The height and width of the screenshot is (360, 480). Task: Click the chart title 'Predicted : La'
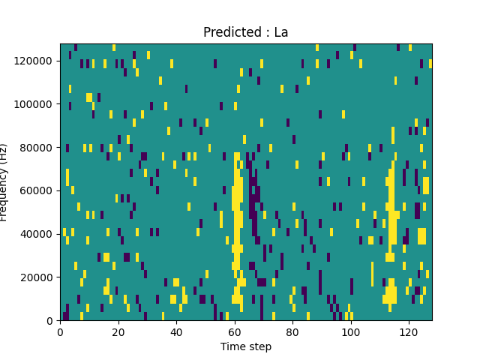(245, 32)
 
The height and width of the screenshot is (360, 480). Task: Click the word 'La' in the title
(280, 32)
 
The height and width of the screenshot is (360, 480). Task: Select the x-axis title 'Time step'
(245, 346)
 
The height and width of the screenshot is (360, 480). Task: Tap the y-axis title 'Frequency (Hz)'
(4, 182)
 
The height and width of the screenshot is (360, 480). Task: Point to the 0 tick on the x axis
(60, 331)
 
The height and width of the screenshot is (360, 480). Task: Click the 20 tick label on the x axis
(118, 331)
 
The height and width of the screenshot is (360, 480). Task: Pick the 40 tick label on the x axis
(176, 331)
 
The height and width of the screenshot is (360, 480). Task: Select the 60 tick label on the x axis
(234, 331)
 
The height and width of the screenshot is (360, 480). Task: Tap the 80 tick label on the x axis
(292, 331)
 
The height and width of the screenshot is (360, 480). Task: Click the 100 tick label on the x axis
(350, 331)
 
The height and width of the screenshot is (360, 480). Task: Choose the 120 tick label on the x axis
(409, 331)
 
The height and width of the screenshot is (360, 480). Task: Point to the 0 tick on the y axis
(50, 321)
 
